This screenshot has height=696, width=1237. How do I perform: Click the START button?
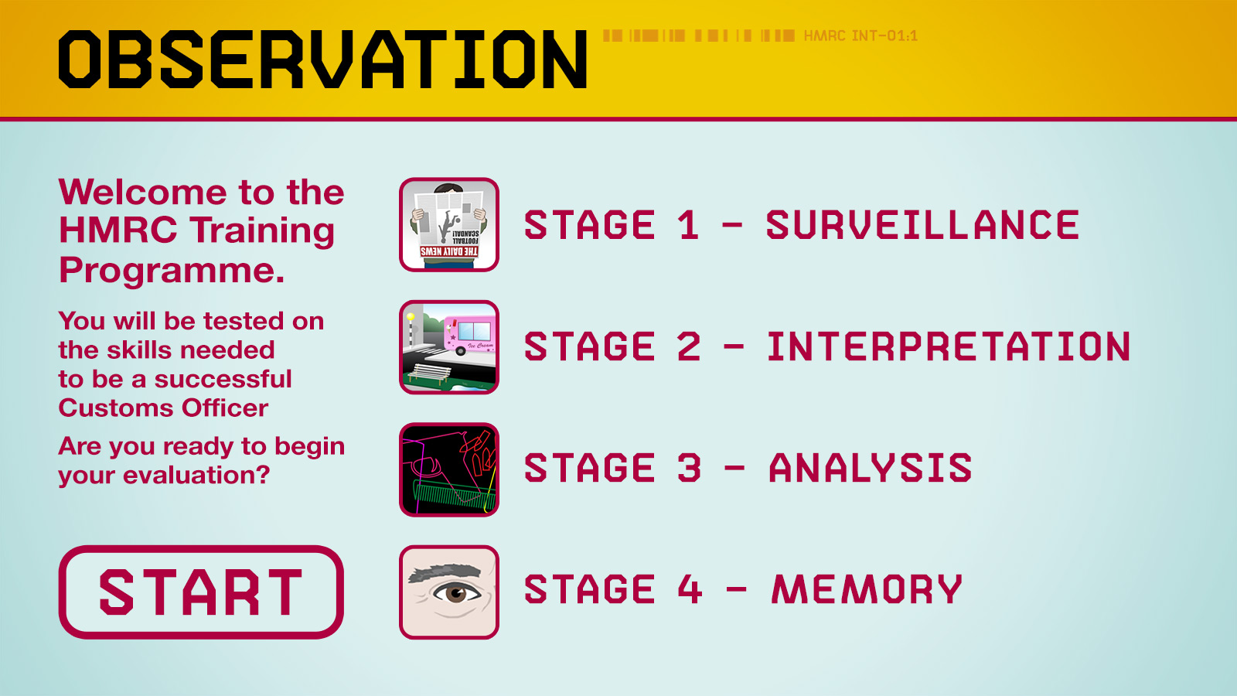click(201, 592)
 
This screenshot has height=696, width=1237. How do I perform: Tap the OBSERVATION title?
click(322, 59)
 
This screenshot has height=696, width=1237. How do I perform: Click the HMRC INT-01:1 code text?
click(860, 36)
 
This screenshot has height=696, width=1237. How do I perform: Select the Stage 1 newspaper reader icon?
click(449, 225)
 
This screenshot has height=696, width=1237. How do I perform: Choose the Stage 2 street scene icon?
click(449, 347)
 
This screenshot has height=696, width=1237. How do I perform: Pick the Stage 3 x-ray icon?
click(449, 469)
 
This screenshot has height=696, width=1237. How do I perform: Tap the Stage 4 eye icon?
click(449, 592)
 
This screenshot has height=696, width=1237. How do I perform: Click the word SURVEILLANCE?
click(923, 225)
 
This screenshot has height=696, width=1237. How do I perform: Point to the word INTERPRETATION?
click(949, 347)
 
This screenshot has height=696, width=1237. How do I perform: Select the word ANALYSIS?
click(871, 468)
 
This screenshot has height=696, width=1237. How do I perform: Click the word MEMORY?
click(867, 589)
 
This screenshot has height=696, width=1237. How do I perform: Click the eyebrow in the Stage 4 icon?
click(445, 573)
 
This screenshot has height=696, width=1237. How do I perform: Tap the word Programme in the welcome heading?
click(172, 270)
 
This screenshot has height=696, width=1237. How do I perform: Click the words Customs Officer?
click(163, 408)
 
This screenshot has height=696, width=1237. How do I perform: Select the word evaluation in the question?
click(196, 475)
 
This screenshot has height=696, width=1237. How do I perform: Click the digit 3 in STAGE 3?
click(689, 468)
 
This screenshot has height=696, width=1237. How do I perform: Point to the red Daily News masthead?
click(449, 252)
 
